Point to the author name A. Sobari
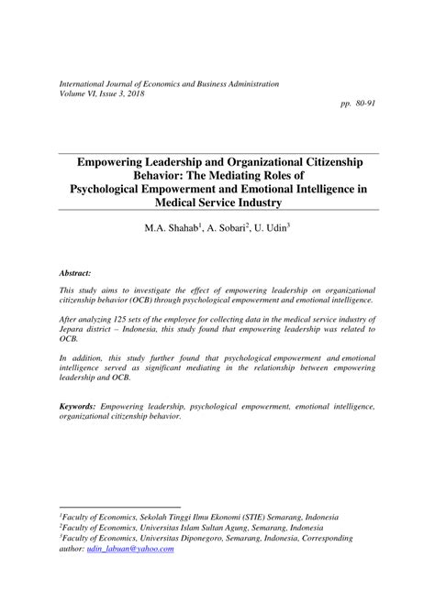point(225,227)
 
